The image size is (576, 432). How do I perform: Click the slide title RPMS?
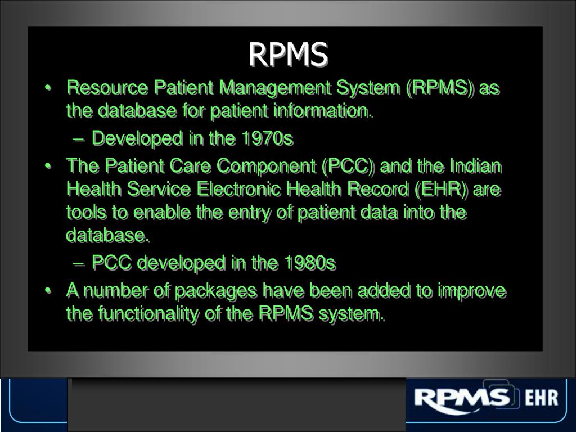pos(288,55)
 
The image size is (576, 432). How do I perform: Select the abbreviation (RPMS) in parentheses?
pos(440,88)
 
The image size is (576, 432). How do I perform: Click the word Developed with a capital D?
pos(137,138)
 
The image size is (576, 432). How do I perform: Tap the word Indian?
pos(475,166)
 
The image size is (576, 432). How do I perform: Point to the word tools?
pos(82,213)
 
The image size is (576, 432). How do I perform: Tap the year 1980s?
pos(310,263)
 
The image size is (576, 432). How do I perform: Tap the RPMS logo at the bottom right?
pos(463,398)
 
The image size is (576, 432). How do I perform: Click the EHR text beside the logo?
pos(541,399)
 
